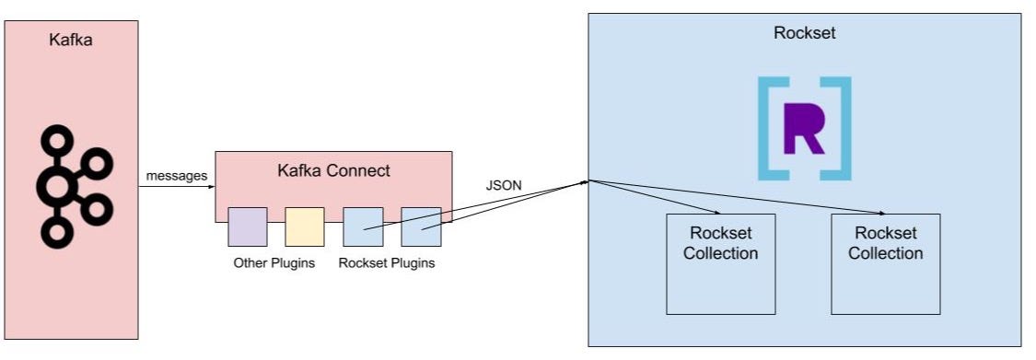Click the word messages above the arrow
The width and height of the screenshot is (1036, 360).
click(x=176, y=175)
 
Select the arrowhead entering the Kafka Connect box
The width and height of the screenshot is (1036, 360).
click(x=211, y=187)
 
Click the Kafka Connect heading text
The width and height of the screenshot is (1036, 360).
click(x=333, y=170)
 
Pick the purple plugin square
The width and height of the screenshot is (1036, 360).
click(x=248, y=226)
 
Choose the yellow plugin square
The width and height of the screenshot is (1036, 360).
click(x=304, y=226)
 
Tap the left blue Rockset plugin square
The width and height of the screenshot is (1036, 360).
click(x=363, y=226)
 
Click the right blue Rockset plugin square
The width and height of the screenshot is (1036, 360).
click(x=421, y=226)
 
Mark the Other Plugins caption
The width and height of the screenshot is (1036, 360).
click(x=274, y=263)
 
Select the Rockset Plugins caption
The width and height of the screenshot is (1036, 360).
click(x=387, y=263)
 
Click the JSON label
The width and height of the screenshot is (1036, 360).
click(x=504, y=184)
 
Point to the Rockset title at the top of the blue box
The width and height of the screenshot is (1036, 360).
click(x=805, y=33)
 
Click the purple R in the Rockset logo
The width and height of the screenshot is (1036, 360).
click(x=804, y=128)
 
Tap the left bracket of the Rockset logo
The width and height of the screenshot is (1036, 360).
click(x=768, y=128)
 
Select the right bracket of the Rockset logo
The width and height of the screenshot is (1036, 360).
click(x=841, y=128)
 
